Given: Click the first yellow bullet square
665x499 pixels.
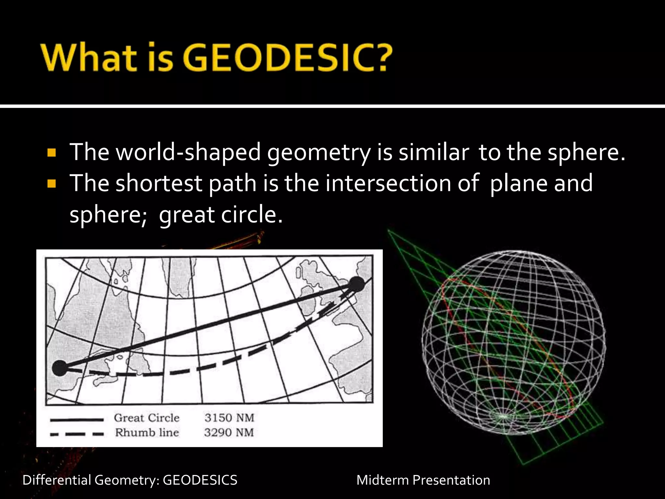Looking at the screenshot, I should pyautogui.click(x=52, y=152).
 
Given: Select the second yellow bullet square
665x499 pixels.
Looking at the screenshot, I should pyautogui.click(x=52, y=184).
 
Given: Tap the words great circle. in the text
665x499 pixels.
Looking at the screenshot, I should pyautogui.click(x=221, y=215).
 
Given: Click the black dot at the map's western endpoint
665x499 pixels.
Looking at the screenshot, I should pyautogui.click(x=60, y=368).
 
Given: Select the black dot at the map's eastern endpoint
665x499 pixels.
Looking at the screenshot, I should pyautogui.click(x=356, y=285).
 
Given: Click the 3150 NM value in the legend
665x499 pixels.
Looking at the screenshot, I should pyautogui.click(x=229, y=417).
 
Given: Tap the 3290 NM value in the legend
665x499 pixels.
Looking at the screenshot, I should pyautogui.click(x=229, y=432).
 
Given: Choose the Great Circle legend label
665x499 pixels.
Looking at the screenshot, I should pyautogui.click(x=147, y=417).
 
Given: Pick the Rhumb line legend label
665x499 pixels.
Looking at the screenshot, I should pyautogui.click(x=147, y=432).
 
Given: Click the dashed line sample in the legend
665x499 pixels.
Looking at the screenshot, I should pyautogui.click(x=77, y=434).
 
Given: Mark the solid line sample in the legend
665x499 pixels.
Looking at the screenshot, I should pyautogui.click(x=77, y=420).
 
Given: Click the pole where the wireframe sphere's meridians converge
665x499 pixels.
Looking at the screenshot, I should pyautogui.click(x=503, y=416).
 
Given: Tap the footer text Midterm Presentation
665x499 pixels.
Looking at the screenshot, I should pyautogui.click(x=423, y=480).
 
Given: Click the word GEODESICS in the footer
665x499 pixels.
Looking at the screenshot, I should pyautogui.click(x=200, y=480).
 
